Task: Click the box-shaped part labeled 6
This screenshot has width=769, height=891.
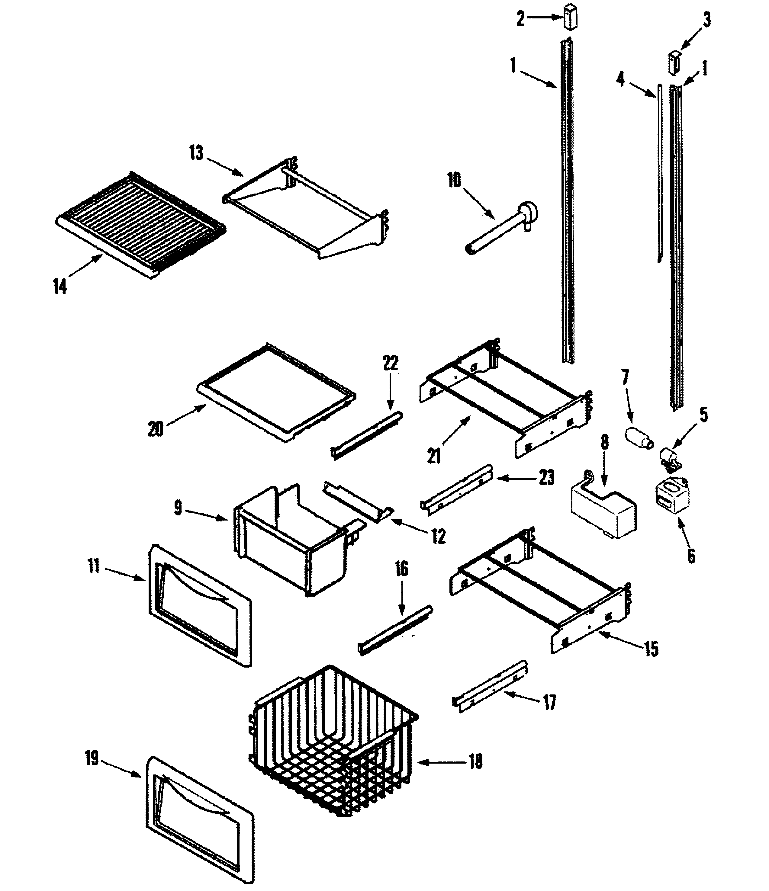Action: coord(671,495)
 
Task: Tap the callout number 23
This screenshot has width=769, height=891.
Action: coord(547,477)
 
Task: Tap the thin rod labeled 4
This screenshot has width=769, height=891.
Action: coord(660,172)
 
